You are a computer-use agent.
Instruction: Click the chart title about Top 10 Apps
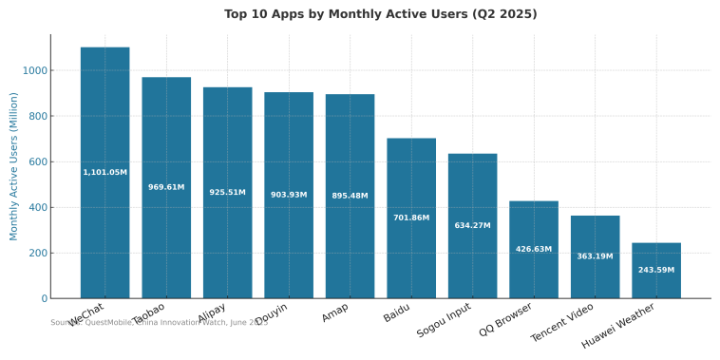(380, 14)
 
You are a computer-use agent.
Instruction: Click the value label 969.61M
(166, 187)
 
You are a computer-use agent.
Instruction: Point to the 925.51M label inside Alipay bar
(227, 192)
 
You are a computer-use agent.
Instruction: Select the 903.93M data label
(289, 195)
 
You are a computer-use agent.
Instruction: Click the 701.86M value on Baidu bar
(411, 218)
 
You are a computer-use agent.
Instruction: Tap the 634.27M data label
(472, 225)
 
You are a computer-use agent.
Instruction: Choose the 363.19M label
(595, 256)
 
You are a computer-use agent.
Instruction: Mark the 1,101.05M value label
(104, 172)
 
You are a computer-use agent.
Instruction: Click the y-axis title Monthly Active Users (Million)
(14, 166)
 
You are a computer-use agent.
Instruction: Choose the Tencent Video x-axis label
(563, 322)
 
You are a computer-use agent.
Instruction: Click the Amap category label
(334, 313)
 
